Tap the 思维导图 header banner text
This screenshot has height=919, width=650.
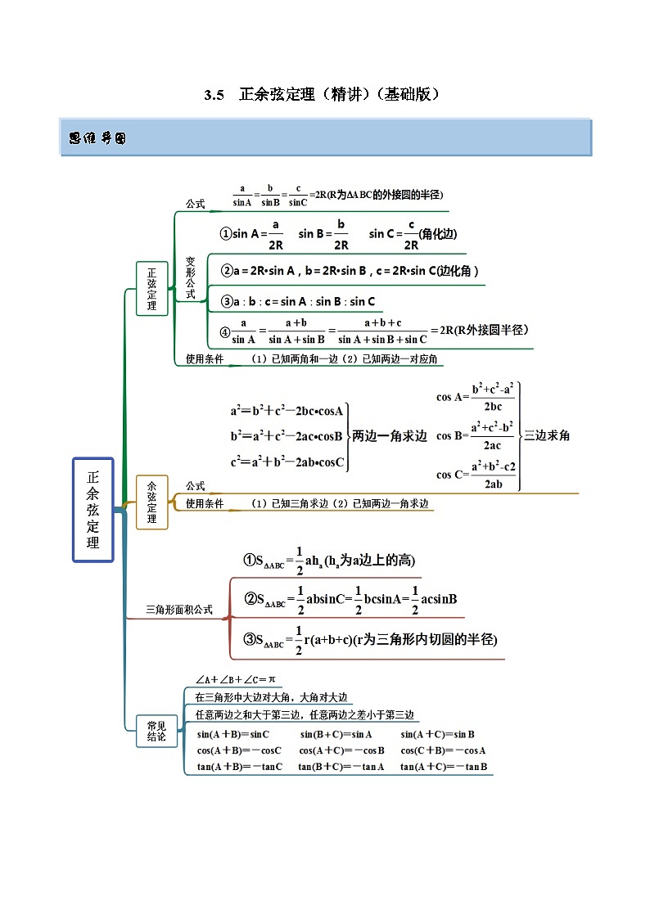(x=97, y=138)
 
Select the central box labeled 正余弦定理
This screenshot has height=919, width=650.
(x=93, y=509)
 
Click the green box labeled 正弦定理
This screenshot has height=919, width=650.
(x=151, y=288)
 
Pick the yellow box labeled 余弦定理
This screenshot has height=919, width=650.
(x=151, y=502)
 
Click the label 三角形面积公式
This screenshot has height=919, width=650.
(x=178, y=609)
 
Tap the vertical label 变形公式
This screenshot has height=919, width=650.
(x=191, y=277)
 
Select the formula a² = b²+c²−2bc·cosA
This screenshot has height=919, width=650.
(x=287, y=412)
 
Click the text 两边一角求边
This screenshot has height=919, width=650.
(x=390, y=436)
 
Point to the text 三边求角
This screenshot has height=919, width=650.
(x=547, y=435)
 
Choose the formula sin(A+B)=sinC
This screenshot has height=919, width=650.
(x=233, y=735)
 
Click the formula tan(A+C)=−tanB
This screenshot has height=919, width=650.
(x=444, y=767)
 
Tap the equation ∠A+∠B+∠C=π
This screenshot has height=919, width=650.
(x=236, y=680)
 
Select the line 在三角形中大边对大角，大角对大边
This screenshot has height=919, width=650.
(x=272, y=698)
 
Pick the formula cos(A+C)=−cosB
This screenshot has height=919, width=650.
(x=341, y=750)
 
